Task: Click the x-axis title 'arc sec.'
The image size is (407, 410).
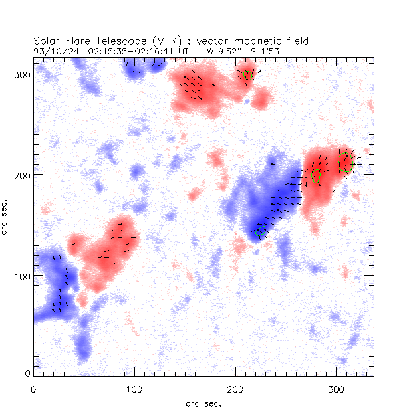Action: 203,403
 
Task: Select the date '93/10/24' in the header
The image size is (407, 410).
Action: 53,51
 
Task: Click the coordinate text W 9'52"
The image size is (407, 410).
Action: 226,51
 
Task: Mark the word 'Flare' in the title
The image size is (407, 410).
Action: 80,41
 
